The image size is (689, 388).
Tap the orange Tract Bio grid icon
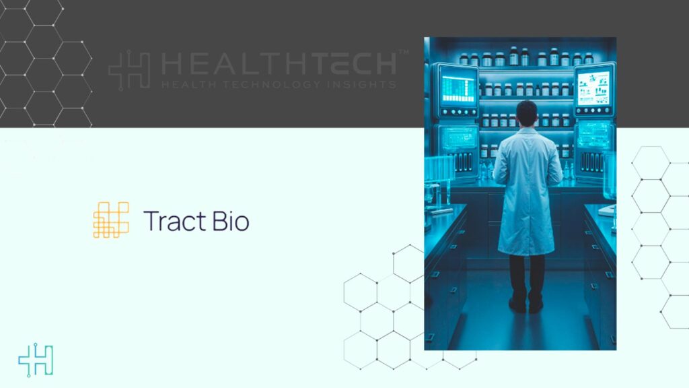click(111, 220)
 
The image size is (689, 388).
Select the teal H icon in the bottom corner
click(36, 360)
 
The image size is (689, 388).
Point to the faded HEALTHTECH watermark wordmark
click(279, 64)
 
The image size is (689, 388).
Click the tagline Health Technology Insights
click(279, 84)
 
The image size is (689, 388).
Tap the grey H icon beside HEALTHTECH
click(129, 71)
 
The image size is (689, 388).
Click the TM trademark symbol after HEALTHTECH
click(403, 52)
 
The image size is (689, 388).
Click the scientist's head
click(527, 112)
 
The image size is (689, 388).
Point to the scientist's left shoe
click(517, 305)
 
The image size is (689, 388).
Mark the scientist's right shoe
click(536, 305)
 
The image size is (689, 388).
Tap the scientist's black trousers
click(527, 276)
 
